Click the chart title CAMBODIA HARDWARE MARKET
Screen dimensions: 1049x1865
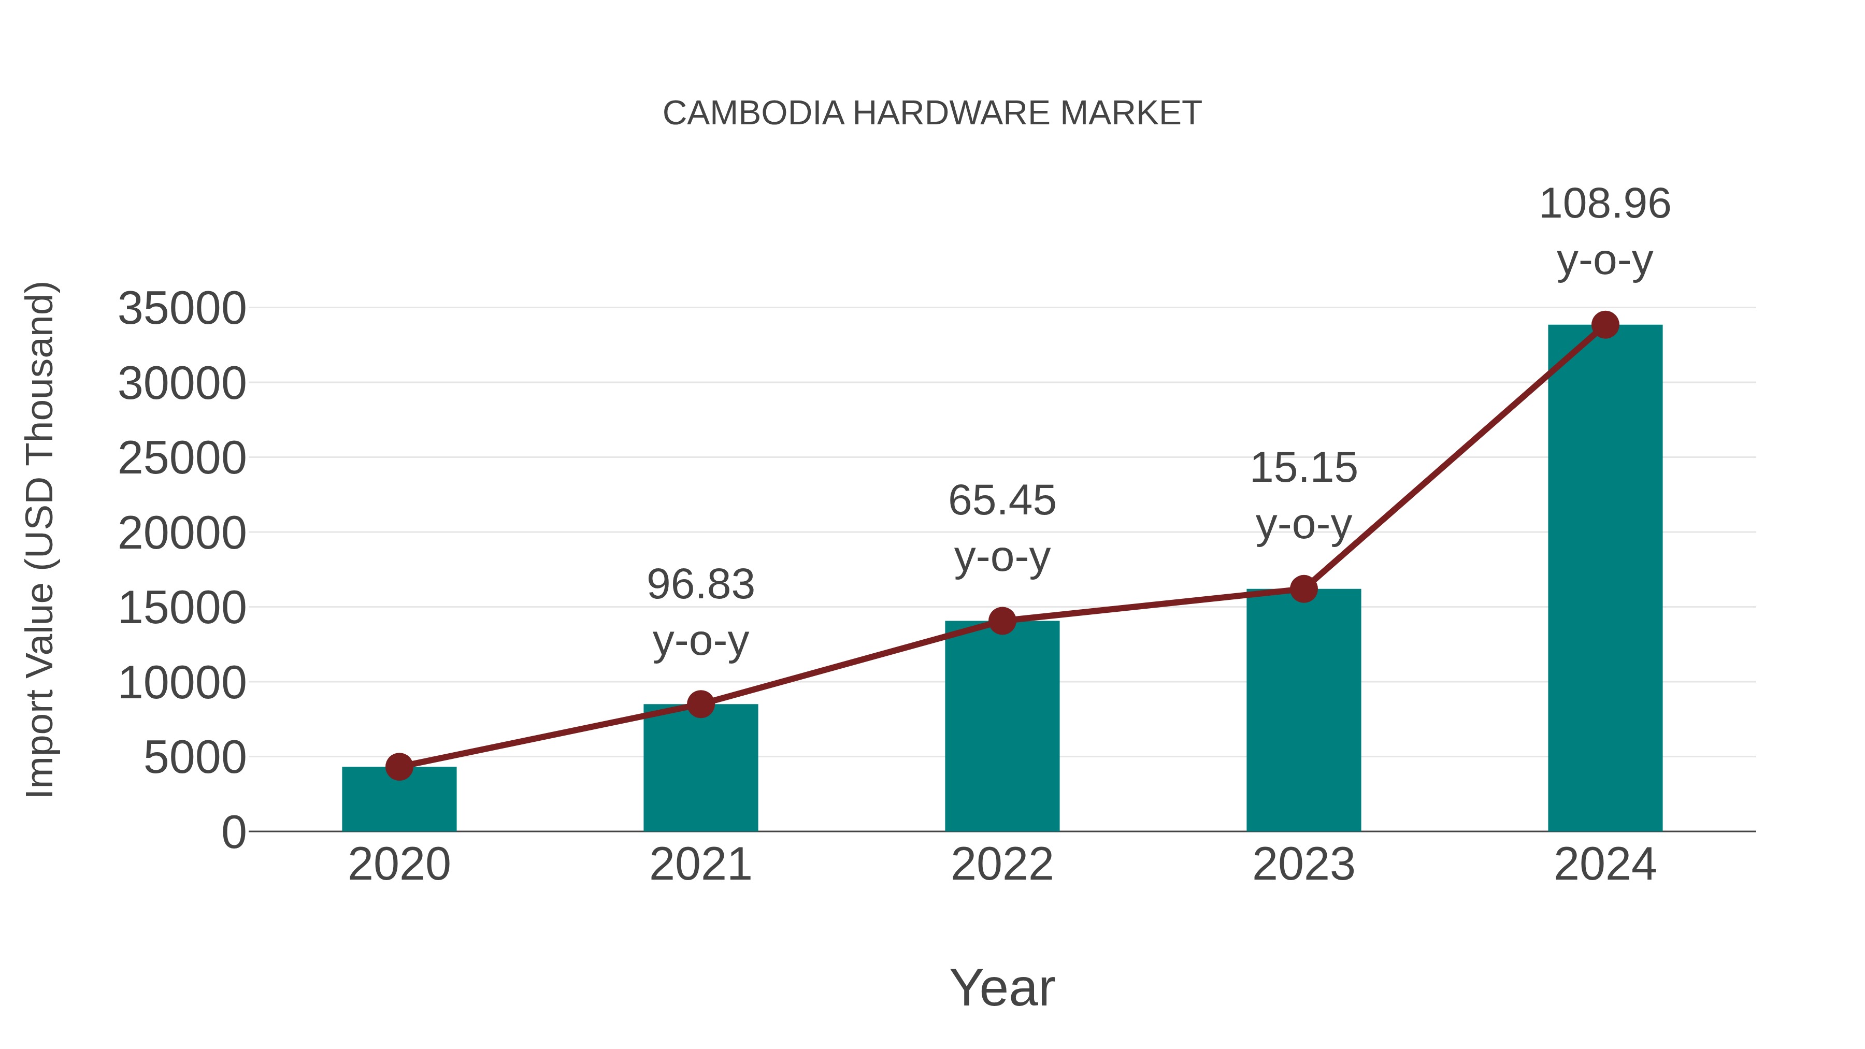[x=932, y=113]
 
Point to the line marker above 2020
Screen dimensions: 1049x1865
[x=399, y=767]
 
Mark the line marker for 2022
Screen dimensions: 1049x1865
[x=1002, y=621]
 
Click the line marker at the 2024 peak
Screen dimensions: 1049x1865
[x=1605, y=325]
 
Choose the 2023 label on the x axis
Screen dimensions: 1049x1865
[x=1303, y=865]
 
